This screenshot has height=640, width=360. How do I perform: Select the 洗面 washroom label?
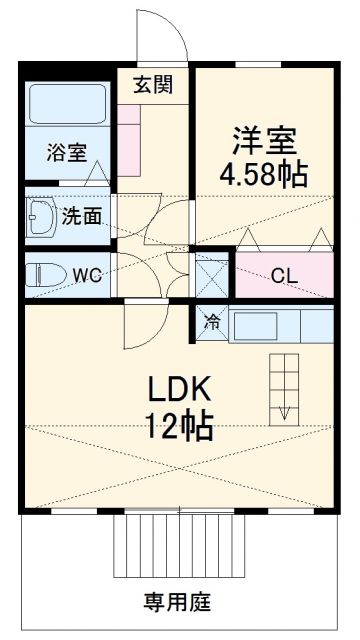click(x=80, y=214)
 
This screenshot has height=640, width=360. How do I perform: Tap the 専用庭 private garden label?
click(x=177, y=602)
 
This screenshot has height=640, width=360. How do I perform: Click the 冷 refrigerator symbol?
click(x=212, y=322)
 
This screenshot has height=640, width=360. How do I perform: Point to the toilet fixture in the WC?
click(x=46, y=274)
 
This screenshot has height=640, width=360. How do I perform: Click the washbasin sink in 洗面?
click(x=45, y=215)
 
